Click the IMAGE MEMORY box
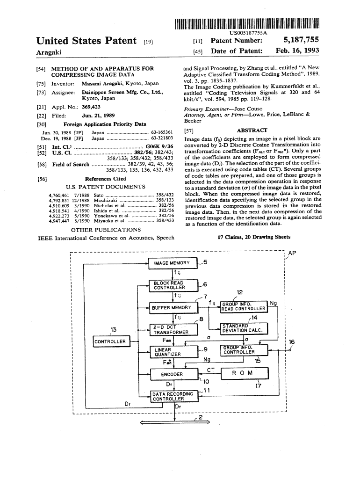coord(173,263)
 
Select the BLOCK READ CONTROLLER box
coord(173,285)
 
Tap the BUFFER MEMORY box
coord(173,307)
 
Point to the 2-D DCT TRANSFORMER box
coord(173,329)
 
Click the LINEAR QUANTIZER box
coord(173,352)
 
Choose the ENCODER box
coord(173,374)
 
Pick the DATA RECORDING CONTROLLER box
coord(173,397)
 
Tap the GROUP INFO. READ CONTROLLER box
coord(244,306)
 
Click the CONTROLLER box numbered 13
coord(110,341)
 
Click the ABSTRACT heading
coord(252,131)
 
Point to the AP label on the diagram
coord(292,253)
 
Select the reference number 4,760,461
coord(58,194)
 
